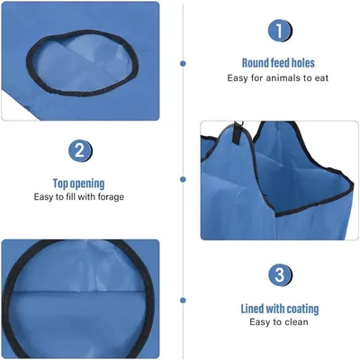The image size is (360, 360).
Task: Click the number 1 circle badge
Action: pyautogui.click(x=279, y=31)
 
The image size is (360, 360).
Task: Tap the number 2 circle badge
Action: pyautogui.click(x=80, y=151)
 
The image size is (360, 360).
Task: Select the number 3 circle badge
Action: pyautogui.click(x=279, y=274)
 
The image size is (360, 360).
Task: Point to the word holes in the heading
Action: pyautogui.click(x=303, y=63)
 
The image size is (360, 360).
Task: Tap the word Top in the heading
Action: pyautogui.click(x=60, y=184)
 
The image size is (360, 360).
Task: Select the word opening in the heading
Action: pyautogui.click(x=87, y=184)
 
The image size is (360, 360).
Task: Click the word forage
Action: pyautogui.click(x=111, y=197)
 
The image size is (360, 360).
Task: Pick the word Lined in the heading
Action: pyautogui.click(x=253, y=309)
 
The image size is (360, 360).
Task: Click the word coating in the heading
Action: pyautogui.click(x=302, y=309)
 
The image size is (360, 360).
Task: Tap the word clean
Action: pyautogui.click(x=295, y=322)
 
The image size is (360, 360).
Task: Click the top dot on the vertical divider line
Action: pyautogui.click(x=183, y=64)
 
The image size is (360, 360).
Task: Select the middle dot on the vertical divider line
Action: pyautogui.click(x=183, y=179)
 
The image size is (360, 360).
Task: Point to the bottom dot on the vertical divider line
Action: pyautogui.click(x=183, y=300)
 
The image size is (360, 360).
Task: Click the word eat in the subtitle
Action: pyautogui.click(x=322, y=78)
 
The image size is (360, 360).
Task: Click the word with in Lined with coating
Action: pyautogui.click(x=275, y=309)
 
